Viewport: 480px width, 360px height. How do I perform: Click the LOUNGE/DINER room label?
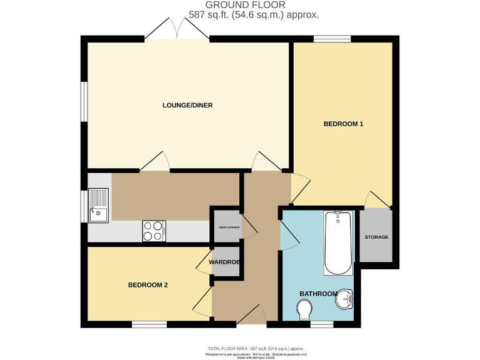(187, 105)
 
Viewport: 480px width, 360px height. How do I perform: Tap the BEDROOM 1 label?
(343, 124)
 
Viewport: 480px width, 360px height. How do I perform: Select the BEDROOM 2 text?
(147, 285)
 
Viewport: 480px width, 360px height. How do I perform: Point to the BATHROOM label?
(318, 294)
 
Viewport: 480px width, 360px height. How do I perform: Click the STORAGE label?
(376, 237)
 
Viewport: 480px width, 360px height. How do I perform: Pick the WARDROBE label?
(225, 262)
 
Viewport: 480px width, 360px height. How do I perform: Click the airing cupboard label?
(225, 227)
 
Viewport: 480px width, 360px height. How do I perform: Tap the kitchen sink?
(98, 205)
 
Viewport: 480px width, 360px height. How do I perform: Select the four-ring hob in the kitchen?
(154, 230)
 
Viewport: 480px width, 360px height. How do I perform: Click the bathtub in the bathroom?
(338, 242)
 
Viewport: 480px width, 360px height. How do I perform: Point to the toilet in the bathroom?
(305, 309)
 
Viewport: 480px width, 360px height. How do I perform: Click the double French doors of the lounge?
(177, 29)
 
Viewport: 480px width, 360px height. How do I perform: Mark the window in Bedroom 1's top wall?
(332, 39)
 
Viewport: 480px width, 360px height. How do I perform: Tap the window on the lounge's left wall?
(83, 101)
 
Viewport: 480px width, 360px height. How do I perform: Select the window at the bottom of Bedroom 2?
(149, 324)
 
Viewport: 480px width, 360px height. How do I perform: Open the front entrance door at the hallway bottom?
(251, 316)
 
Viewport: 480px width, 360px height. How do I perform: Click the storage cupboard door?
(378, 199)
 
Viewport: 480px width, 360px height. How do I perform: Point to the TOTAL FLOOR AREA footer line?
(256, 348)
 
